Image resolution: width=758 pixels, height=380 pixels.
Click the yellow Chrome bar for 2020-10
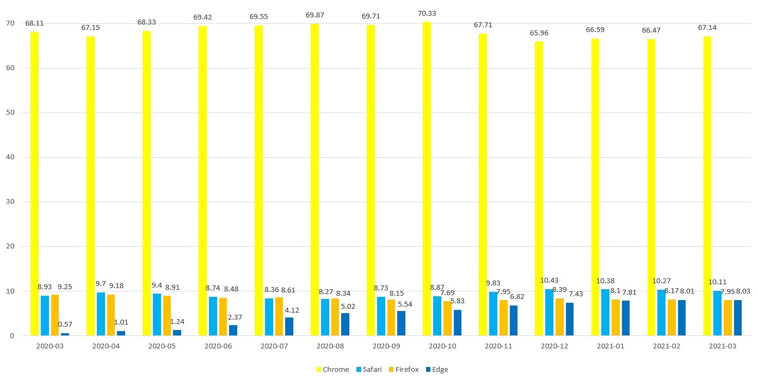tap(427, 179)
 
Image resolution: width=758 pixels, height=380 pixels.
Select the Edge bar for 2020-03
tap(65, 334)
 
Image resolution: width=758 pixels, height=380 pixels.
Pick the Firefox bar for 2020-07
tap(279, 316)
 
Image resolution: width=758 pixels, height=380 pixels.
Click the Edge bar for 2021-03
tap(738, 318)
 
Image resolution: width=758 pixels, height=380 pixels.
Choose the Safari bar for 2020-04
tap(101, 314)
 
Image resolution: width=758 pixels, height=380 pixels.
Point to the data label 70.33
tap(427, 14)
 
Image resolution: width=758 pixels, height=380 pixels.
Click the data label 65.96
tap(539, 33)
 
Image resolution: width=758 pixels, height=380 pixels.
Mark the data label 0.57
tap(65, 325)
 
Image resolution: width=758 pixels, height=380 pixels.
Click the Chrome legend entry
tap(332, 370)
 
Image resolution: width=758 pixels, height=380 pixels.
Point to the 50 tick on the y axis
tap(10, 113)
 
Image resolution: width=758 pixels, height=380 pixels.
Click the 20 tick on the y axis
tap(10, 247)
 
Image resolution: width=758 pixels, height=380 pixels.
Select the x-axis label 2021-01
tap(611, 346)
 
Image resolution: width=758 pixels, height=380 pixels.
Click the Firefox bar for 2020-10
tap(447, 319)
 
